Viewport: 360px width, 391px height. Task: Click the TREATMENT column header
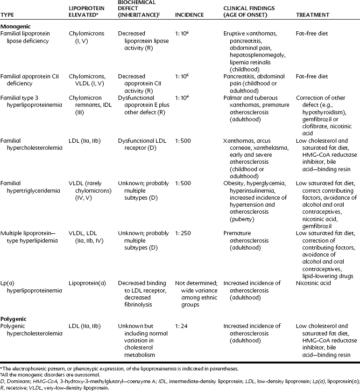[x=314, y=15]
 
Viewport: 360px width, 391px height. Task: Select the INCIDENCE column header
[x=189, y=15]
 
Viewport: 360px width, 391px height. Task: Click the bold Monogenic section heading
[x=16, y=27]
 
